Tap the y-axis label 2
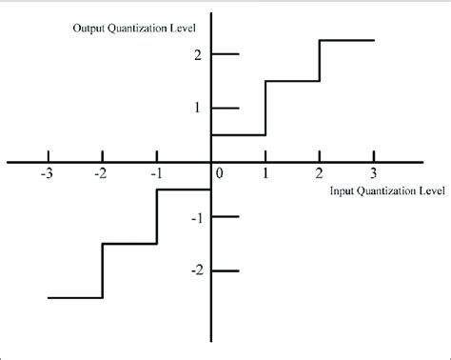[x=199, y=54]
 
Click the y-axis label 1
[x=199, y=108]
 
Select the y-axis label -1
[x=197, y=217]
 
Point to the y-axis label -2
[x=197, y=270]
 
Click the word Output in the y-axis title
[x=91, y=27]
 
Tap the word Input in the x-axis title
[x=343, y=190]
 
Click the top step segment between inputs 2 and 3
[x=346, y=40]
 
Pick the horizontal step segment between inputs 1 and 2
[x=292, y=81]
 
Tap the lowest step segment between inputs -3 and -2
[x=74, y=298]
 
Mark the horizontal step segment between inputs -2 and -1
[x=128, y=244]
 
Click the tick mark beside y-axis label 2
[x=225, y=54]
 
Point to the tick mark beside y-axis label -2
[x=225, y=270]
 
